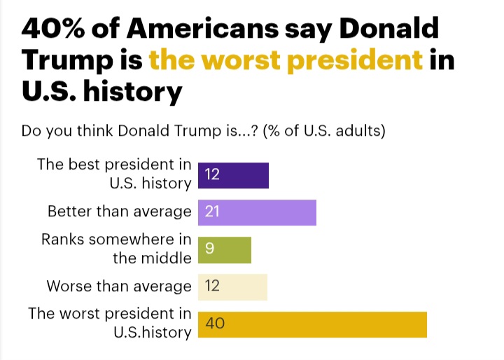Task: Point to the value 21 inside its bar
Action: [x=213, y=212]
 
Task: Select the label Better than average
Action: [x=119, y=212]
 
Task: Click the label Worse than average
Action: [x=118, y=286]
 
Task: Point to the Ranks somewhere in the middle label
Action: [x=116, y=249]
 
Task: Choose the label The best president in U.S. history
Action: [x=114, y=174]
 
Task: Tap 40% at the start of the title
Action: [x=50, y=29]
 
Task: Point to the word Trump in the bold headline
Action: [x=64, y=61]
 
